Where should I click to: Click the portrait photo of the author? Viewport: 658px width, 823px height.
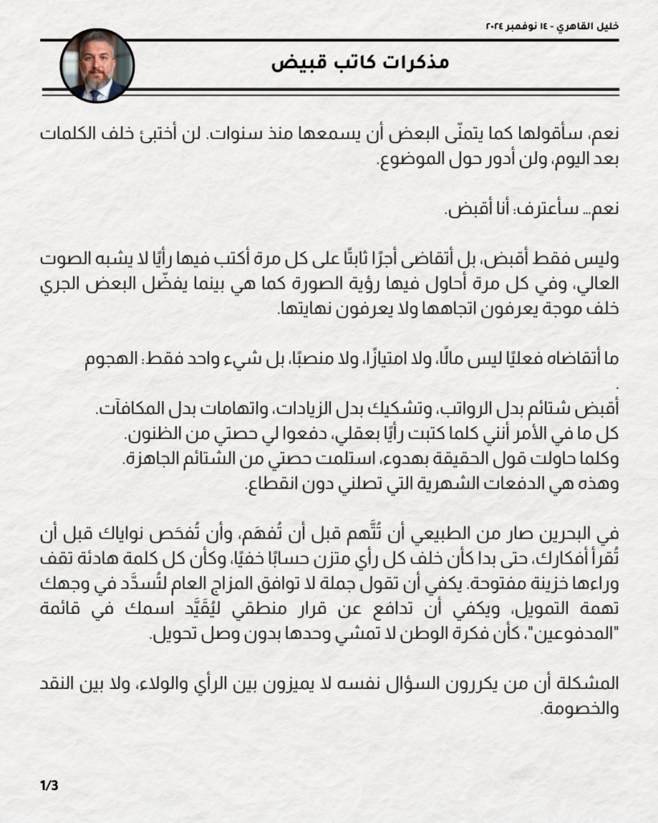pos(96,66)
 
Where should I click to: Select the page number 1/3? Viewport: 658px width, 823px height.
pos(49,785)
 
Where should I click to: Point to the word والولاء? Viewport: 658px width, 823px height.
pos(213,686)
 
